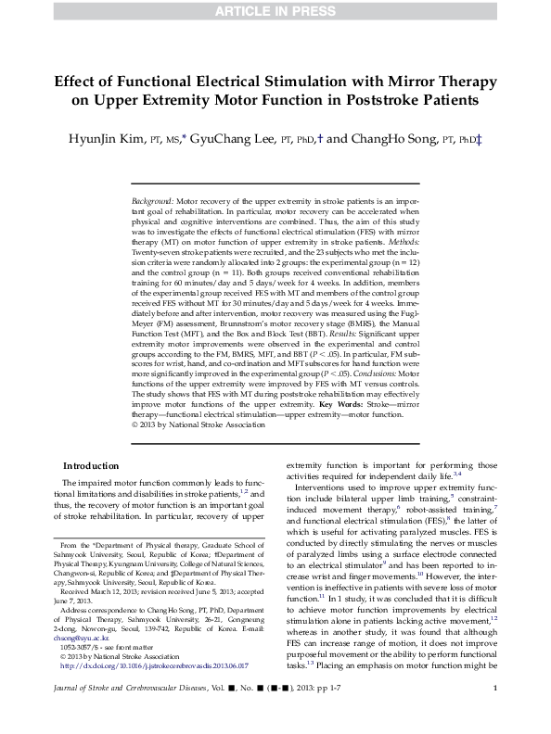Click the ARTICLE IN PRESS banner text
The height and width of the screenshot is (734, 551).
coord(275,11)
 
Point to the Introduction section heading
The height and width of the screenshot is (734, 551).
coord(90,465)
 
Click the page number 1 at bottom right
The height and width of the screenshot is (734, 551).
coord(496,713)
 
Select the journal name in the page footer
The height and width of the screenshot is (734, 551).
coord(140,713)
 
